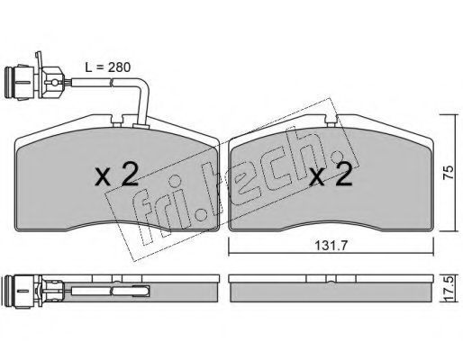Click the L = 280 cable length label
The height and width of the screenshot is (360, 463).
(x=108, y=67)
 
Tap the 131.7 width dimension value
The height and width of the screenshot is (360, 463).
(x=331, y=246)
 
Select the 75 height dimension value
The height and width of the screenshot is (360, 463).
(x=449, y=172)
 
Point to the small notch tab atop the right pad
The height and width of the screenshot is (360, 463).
(x=331, y=123)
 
